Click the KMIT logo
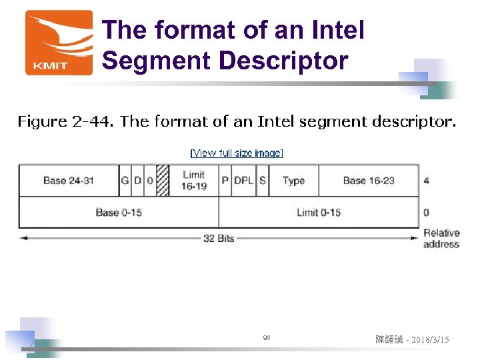pyautogui.click(x=59, y=42)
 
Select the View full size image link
pyautogui.click(x=237, y=153)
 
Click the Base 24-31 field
pyautogui.click(x=69, y=180)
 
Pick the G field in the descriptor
pyautogui.click(x=125, y=180)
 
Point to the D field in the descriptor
pyautogui.click(x=137, y=180)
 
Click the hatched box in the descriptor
pyautogui.click(x=163, y=180)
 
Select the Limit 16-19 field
pyautogui.click(x=194, y=180)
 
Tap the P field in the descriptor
pyautogui.click(x=225, y=180)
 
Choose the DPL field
pyautogui.click(x=243, y=180)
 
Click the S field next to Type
pyautogui.click(x=262, y=180)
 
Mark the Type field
pyautogui.click(x=293, y=180)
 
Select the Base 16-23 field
pyautogui.click(x=369, y=180)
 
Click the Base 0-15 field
pyautogui.click(x=119, y=212)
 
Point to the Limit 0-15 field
pyautogui.click(x=319, y=212)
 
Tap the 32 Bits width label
pyautogui.click(x=219, y=238)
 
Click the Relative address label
pyautogui.click(x=441, y=238)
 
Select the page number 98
pyautogui.click(x=267, y=339)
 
